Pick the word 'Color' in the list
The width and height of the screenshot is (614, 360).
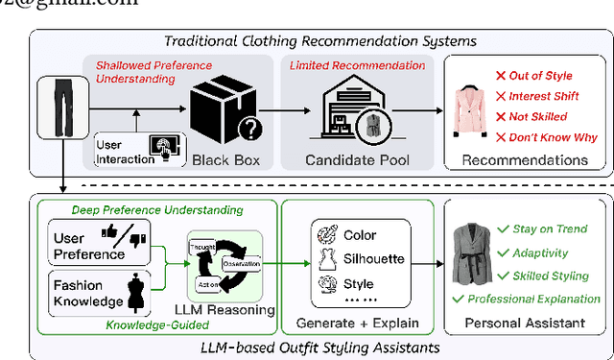pyautogui.click(x=359, y=234)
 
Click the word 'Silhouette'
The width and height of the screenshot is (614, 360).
pyautogui.click(x=374, y=259)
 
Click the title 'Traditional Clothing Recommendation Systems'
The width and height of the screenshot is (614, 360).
pyautogui.click(x=320, y=40)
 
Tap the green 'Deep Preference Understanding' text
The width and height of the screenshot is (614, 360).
pyautogui.click(x=158, y=208)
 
